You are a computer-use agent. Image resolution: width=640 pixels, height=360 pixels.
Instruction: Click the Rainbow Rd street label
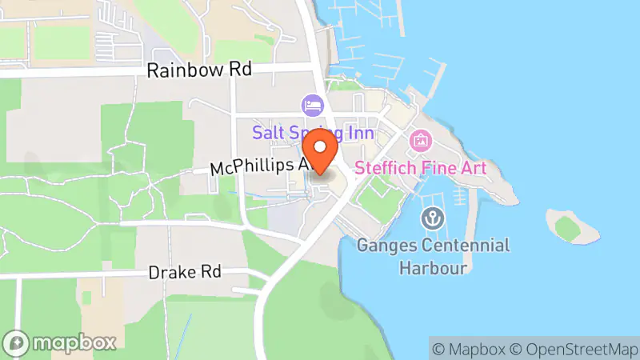point(199,70)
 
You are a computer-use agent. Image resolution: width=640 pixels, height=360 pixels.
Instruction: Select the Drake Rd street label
point(185,273)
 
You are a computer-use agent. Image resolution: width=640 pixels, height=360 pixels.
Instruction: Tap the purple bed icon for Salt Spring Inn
point(311,105)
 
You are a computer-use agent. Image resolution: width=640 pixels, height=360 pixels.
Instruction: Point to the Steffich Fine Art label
point(421,168)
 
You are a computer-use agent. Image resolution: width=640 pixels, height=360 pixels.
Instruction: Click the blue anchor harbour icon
point(434,218)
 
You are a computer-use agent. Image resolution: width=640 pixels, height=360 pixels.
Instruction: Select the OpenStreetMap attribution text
point(578,349)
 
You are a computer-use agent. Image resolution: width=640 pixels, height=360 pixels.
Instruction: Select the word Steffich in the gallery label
point(383,168)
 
